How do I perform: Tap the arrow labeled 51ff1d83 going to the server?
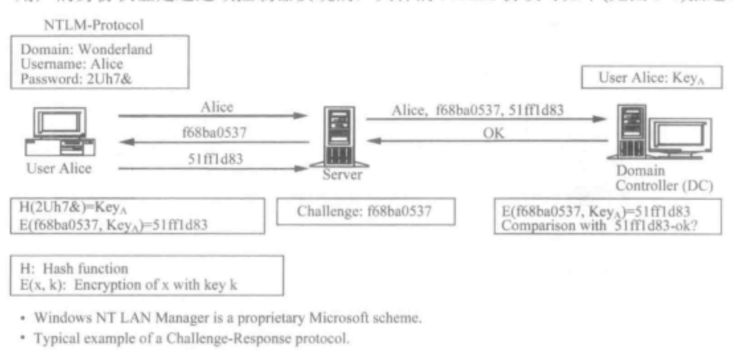[x=212, y=168]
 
